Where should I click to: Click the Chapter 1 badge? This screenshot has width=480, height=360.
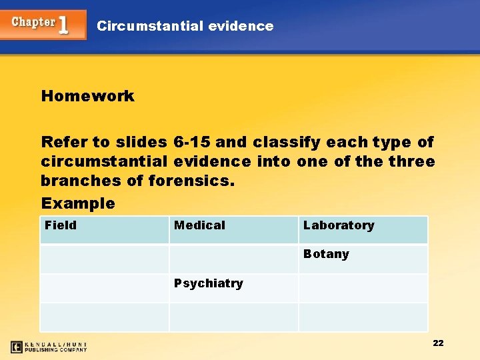[43, 24]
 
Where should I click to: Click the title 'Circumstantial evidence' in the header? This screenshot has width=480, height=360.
[185, 26]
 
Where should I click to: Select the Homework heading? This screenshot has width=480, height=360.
[87, 96]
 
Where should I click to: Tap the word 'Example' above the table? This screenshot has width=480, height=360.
[78, 203]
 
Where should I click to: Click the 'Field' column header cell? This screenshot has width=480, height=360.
[104, 229]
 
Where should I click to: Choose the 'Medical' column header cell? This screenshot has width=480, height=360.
[233, 229]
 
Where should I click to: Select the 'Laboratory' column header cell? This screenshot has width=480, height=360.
[363, 229]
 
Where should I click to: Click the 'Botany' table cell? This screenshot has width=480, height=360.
[363, 259]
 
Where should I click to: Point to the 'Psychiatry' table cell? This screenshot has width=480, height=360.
[233, 288]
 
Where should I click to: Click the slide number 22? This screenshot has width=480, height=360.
[438, 343]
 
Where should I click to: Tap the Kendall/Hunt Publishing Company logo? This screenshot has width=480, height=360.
[49, 347]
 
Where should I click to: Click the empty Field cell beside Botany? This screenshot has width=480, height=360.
[104, 259]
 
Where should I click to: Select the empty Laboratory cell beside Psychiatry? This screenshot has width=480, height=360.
[363, 288]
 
